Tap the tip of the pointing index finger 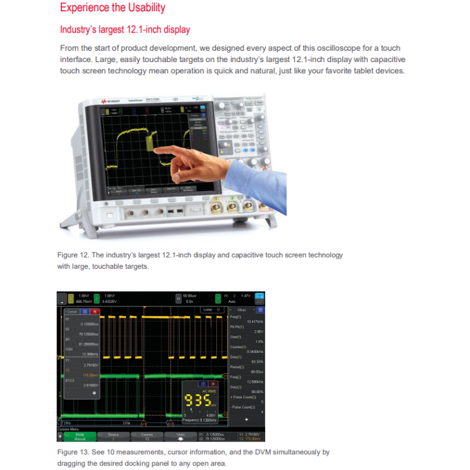tap(157, 150)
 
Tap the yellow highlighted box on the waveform tap(150, 142)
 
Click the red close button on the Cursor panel tap(95, 311)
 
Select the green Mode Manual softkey tap(78, 436)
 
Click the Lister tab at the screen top tap(209, 310)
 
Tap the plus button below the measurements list tap(246, 418)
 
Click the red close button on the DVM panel tap(213, 384)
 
